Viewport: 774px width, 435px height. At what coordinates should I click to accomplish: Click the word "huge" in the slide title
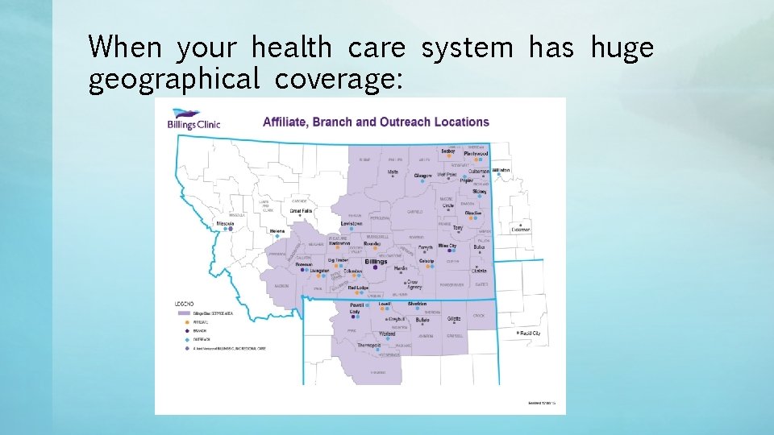[622, 48]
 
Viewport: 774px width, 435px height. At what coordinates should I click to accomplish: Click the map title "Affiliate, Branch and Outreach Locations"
[376, 122]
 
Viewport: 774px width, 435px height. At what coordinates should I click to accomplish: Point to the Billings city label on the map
[376, 262]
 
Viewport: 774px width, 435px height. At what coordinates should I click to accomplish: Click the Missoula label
[226, 223]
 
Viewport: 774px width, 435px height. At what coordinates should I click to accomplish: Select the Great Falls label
[301, 210]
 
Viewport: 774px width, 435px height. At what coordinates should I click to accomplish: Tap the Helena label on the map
[277, 231]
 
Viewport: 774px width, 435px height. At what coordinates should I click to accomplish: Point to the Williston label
[501, 171]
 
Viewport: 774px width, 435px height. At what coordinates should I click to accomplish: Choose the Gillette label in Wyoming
[454, 319]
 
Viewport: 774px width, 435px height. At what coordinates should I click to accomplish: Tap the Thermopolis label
[368, 345]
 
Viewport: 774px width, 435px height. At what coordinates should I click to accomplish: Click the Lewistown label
[352, 223]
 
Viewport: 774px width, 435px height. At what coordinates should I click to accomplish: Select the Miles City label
[447, 246]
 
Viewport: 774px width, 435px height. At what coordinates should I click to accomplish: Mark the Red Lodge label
[358, 288]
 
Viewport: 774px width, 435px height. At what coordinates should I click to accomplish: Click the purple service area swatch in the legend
[185, 312]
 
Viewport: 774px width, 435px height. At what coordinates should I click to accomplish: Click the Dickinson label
[521, 230]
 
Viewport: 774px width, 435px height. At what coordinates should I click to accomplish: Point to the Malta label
[393, 172]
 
